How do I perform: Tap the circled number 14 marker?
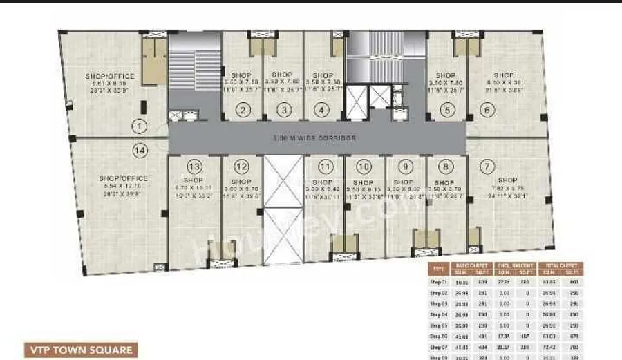(140, 149)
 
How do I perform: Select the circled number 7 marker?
(488, 166)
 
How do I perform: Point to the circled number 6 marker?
(487, 109)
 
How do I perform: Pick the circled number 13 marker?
(194, 166)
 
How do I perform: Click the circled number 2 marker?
(243, 109)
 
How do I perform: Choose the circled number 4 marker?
(321, 109)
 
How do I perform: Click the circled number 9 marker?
(405, 166)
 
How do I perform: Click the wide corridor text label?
(315, 138)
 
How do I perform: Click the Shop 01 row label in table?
(440, 282)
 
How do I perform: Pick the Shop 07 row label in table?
(440, 347)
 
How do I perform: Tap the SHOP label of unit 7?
(507, 180)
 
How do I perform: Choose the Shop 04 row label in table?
(440, 314)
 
